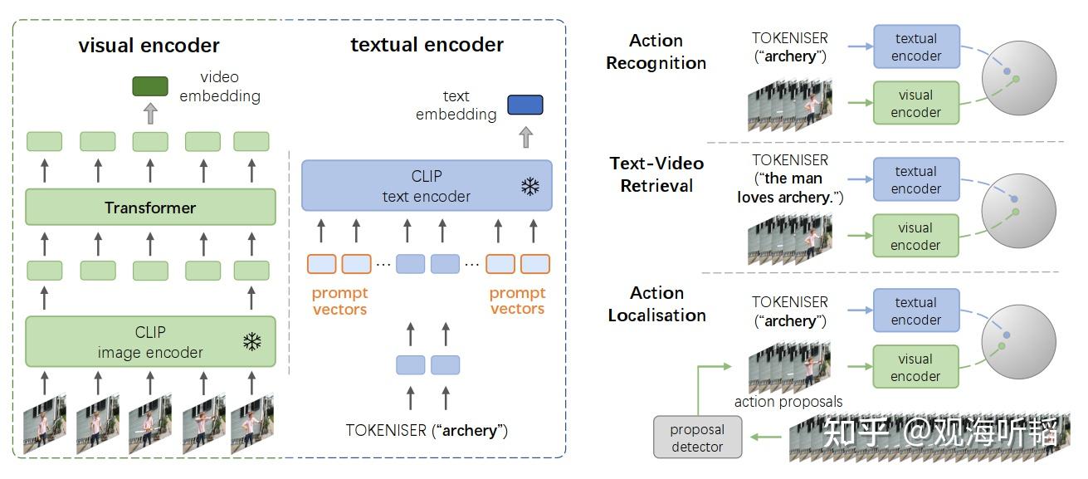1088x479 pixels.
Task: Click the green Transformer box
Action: pos(150,208)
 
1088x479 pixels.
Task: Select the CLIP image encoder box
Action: pos(150,341)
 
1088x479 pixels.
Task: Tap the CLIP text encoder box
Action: pos(426,186)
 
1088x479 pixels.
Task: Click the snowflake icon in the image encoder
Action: pos(251,341)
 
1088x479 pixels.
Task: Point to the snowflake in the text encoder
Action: pos(529,186)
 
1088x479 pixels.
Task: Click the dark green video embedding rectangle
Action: pos(150,86)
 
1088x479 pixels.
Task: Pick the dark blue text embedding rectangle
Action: pos(524,105)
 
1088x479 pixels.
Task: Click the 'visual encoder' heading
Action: pos(149,45)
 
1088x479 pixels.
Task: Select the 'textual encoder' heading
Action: pos(427,45)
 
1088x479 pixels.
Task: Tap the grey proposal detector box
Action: pos(697,437)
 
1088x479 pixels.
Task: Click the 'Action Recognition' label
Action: pos(656,51)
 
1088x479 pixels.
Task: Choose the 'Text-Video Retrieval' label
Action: pos(656,174)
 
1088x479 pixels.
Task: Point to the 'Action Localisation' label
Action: pos(656,304)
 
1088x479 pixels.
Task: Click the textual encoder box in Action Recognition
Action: pos(916,47)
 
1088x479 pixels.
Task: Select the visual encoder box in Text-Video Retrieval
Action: pos(915,237)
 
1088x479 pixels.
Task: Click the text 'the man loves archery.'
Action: pos(790,188)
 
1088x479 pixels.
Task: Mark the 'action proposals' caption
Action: pos(788,402)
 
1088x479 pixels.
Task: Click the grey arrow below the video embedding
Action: pos(150,113)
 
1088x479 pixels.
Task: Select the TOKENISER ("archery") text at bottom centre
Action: pos(427,430)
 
